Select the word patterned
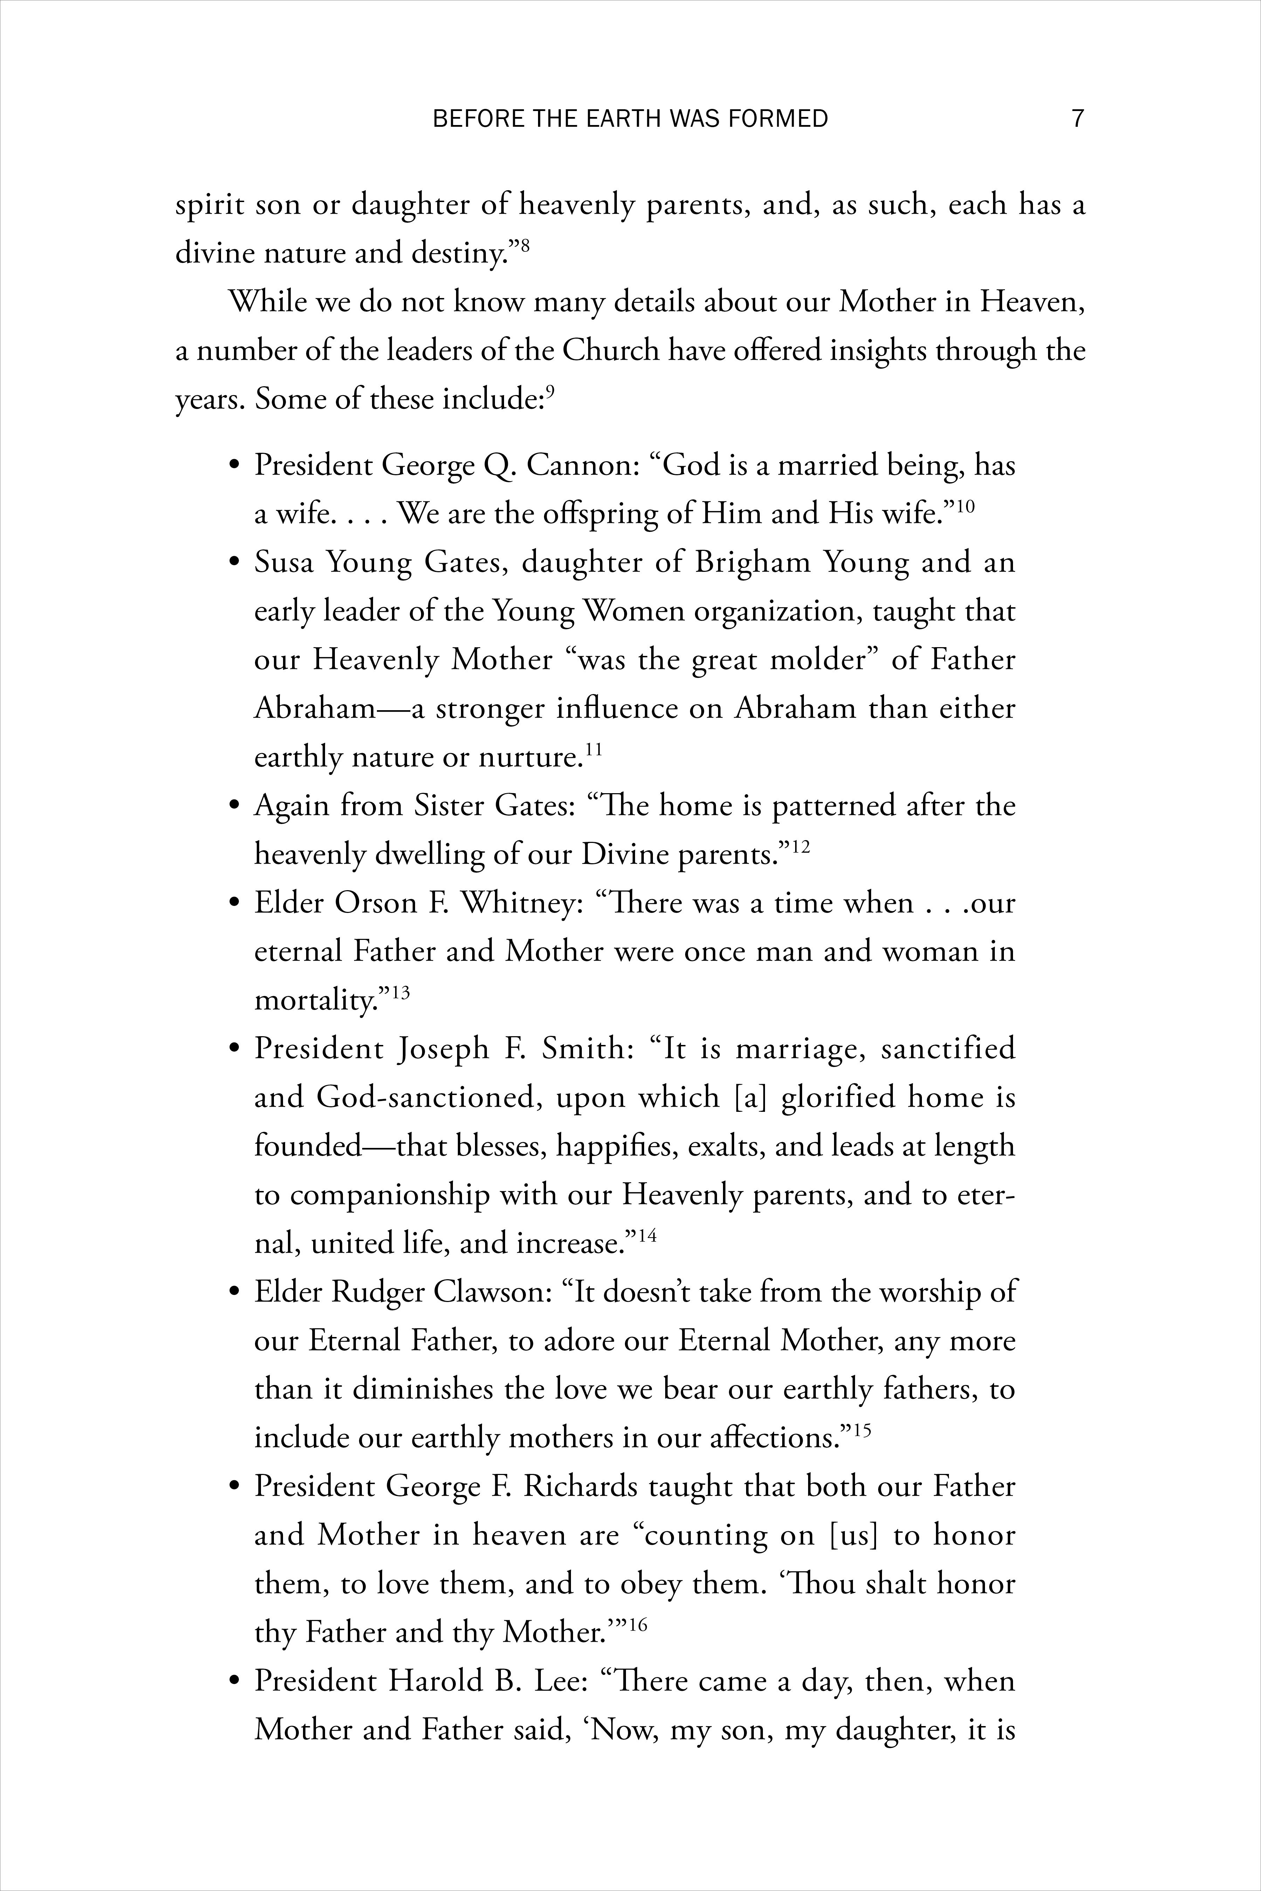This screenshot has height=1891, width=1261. [x=833, y=806]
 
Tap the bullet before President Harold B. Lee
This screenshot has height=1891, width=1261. [x=235, y=1683]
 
